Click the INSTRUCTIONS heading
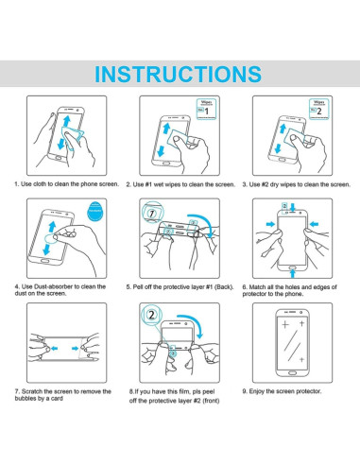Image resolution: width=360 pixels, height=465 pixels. tap(178, 74)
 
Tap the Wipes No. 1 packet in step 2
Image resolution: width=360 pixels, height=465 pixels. tap(206, 109)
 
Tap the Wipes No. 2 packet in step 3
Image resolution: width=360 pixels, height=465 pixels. tap(318, 109)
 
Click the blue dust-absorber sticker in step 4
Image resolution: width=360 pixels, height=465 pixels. tap(94, 210)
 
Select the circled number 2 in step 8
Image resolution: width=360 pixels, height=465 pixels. tap(152, 315)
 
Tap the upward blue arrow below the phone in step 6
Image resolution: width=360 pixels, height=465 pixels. tap(293, 273)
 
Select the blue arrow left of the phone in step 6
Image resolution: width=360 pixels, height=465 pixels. tap(270, 224)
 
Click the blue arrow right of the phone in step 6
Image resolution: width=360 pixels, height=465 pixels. tap(315, 224)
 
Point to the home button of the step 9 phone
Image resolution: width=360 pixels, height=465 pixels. tap(292, 372)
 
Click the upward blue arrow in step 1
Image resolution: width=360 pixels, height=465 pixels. tap(66, 121)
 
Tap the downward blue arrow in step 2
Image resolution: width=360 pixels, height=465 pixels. tap(161, 150)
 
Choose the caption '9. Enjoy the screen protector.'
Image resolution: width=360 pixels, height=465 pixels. tap(282, 391)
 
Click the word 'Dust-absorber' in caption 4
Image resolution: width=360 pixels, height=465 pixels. tap(53, 286)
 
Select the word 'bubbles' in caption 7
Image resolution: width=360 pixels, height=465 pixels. tap(26, 399)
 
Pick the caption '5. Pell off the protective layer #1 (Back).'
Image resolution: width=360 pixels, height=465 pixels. tap(180, 287)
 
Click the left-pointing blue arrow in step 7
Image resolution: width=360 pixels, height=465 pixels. tap(54, 349)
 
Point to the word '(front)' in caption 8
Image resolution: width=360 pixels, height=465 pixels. tap(211, 401)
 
